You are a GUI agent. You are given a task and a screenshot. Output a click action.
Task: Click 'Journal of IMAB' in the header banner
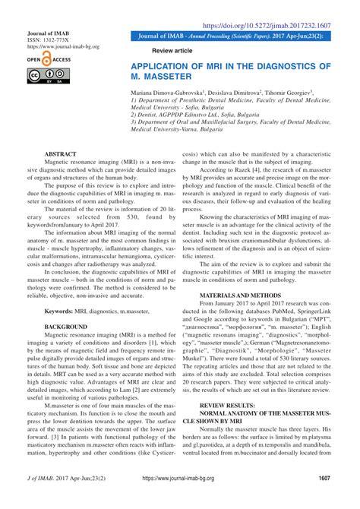(x=157, y=36)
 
